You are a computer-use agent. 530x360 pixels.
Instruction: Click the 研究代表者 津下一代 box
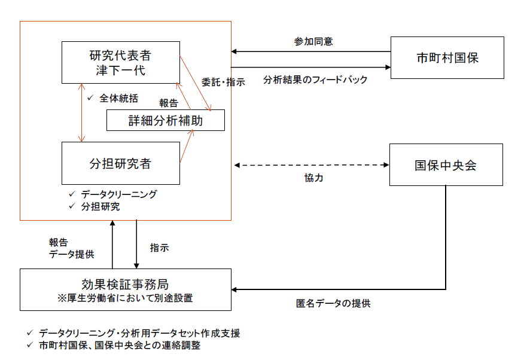tap(120, 62)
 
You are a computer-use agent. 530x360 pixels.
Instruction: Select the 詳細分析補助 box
tap(166, 120)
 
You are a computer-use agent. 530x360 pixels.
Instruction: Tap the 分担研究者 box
tap(120, 163)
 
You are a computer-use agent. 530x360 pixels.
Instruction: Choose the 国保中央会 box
tap(446, 165)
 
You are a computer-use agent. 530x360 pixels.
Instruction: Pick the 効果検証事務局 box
tap(125, 289)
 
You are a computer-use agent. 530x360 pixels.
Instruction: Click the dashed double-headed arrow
tap(311, 164)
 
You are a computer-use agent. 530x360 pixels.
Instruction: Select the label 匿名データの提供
tap(333, 303)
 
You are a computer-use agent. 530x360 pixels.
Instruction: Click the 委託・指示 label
tap(223, 83)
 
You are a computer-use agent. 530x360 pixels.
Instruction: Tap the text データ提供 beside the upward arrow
tap(71, 254)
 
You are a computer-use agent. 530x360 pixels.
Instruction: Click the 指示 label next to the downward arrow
tap(160, 247)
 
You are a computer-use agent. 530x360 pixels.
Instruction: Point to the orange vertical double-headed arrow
tap(82, 112)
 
